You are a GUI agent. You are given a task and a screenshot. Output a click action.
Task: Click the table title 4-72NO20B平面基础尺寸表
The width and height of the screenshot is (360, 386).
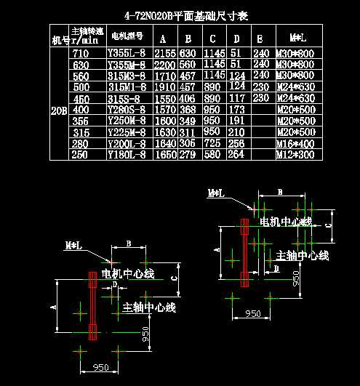point(187,15)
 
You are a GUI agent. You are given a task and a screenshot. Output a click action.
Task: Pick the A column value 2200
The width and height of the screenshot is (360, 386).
point(166,64)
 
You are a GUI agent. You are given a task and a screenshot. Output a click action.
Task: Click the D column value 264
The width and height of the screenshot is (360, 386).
point(236,154)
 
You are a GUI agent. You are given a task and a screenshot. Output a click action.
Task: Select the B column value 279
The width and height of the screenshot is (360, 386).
point(188,154)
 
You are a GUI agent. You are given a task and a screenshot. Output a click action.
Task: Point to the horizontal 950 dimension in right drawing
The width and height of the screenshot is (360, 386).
point(252,313)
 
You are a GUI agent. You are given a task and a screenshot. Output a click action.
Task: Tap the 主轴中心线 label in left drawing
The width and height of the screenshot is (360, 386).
point(149,307)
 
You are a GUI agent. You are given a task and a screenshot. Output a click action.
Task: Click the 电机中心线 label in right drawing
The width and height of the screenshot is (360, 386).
point(286,220)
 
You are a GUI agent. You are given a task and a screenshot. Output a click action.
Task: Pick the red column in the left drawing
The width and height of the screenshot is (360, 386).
point(92,305)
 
